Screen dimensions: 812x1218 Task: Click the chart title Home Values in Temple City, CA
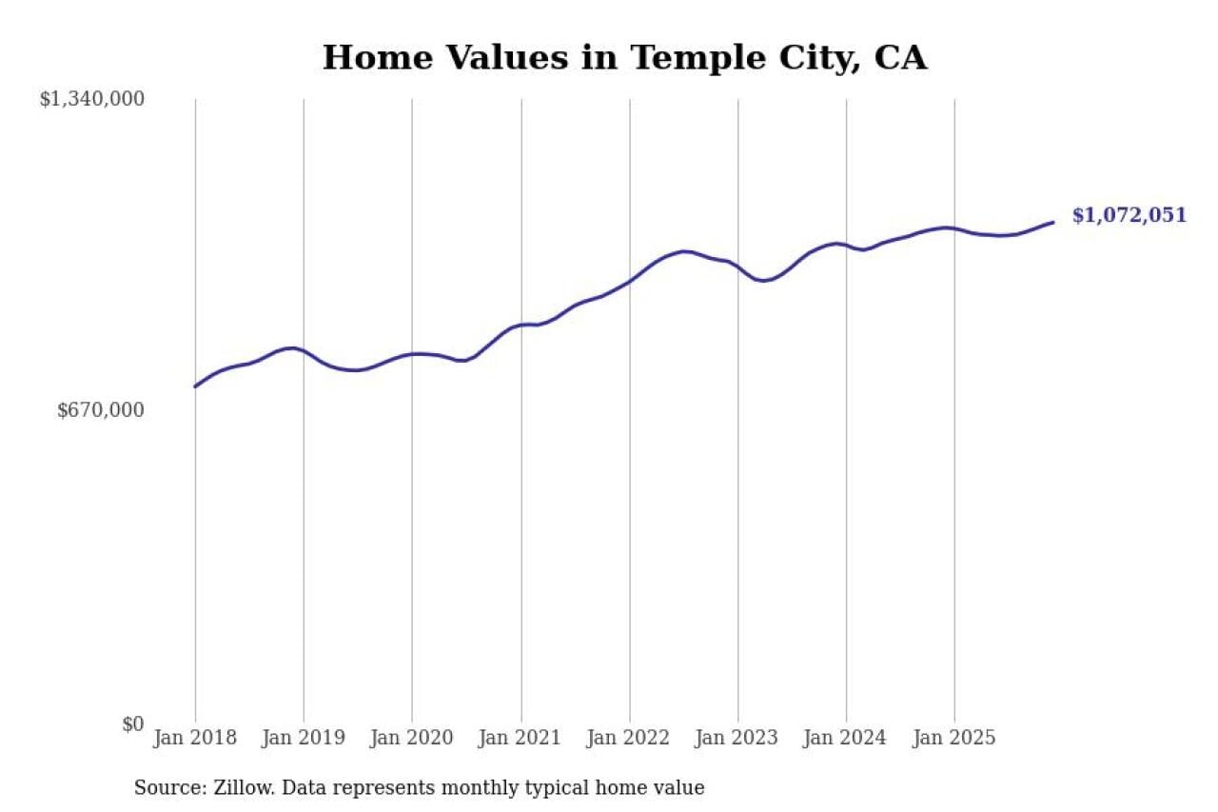click(624, 58)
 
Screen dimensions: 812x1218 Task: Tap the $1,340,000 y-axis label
click(91, 98)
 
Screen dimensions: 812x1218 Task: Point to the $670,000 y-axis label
click(101, 410)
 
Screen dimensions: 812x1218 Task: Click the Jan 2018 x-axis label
click(195, 738)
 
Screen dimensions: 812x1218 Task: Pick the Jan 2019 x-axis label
click(304, 738)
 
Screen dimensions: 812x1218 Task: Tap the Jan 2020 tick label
click(412, 738)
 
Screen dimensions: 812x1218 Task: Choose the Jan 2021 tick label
click(521, 738)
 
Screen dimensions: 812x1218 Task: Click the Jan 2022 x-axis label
click(629, 738)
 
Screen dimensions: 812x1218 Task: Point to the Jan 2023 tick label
click(737, 738)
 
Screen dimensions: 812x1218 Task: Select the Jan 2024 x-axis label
click(846, 738)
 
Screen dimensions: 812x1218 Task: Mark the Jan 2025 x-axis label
click(954, 738)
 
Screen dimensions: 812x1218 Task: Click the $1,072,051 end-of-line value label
click(1130, 215)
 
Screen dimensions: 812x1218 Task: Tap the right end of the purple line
click(1053, 222)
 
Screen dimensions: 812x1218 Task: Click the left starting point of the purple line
click(195, 386)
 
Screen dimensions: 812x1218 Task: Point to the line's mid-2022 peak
click(684, 251)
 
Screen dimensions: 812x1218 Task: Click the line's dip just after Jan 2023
click(763, 281)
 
